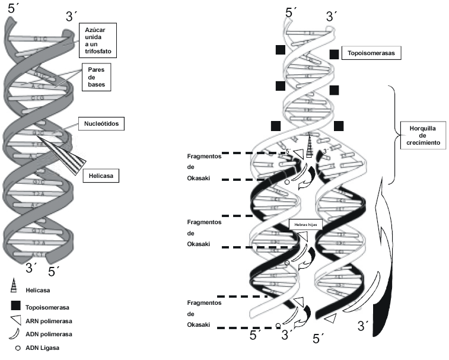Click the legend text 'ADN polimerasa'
click(x=50, y=334)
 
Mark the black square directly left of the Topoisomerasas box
click(x=334, y=54)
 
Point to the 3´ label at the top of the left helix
click(x=72, y=15)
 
